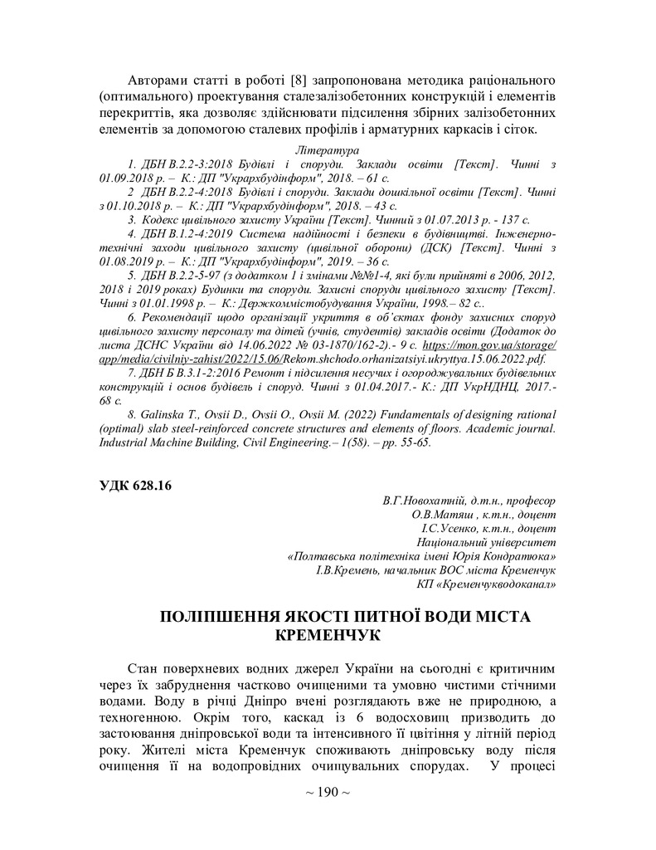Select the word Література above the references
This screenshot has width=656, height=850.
pos(328,151)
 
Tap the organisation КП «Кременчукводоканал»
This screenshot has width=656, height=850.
pos(486,584)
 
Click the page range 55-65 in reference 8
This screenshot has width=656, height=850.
pos(415,442)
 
